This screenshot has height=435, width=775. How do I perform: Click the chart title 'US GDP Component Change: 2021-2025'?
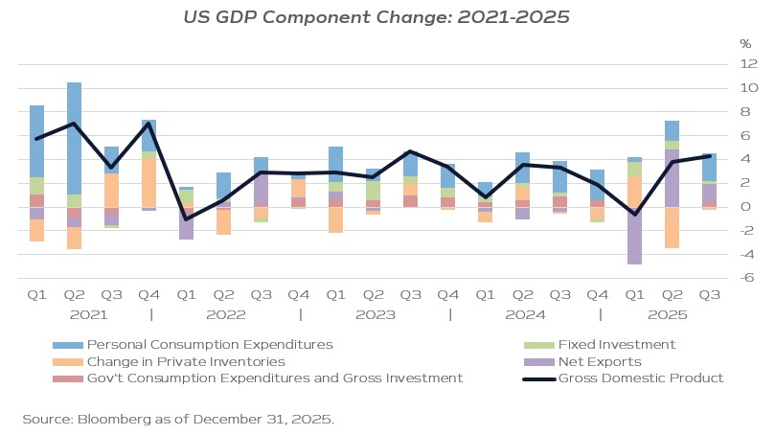tap(387, 16)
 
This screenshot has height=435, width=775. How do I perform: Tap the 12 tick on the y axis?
tap(748, 64)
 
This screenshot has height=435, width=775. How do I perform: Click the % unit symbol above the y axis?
tap(745, 44)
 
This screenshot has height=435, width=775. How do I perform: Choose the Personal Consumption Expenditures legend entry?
tap(209, 344)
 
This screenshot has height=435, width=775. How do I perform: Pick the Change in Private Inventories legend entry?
tap(185, 361)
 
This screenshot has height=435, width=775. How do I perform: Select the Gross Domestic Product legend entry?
tap(640, 378)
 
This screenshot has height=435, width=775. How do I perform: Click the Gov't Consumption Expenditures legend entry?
tap(274, 378)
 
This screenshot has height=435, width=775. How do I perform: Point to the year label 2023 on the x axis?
tap(375, 314)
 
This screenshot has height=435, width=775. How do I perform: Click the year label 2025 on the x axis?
tap(668, 314)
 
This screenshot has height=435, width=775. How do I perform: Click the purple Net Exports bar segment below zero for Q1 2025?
tap(634, 240)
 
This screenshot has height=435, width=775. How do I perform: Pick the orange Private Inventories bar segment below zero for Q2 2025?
tap(672, 228)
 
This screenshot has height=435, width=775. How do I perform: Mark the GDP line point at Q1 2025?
tap(634, 215)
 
